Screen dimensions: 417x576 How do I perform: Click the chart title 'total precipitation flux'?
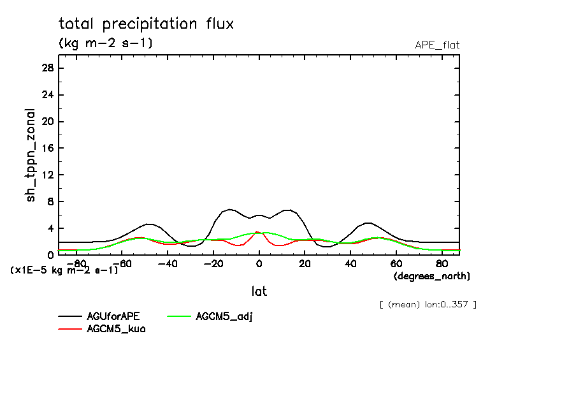point(147,24)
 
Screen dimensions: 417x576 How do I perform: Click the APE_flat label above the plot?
point(437,45)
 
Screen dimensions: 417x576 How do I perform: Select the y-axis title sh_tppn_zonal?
point(31,155)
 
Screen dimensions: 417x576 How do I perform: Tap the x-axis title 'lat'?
point(259,291)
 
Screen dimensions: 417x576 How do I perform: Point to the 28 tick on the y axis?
point(47,68)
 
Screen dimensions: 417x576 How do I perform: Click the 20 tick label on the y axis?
point(47,122)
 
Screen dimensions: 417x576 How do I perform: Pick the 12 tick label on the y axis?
point(47,175)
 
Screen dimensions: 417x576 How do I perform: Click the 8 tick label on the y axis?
point(50,202)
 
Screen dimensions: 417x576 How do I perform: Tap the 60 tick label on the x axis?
point(396,263)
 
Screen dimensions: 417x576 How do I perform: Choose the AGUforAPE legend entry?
point(113,316)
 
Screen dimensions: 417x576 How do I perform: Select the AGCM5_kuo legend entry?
point(116,330)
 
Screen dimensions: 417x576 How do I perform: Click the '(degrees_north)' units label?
point(432,276)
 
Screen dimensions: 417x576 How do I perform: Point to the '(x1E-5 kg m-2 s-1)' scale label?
point(64,270)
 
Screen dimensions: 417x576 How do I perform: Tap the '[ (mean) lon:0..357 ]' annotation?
point(428,304)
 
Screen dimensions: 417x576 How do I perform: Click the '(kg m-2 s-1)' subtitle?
point(106,43)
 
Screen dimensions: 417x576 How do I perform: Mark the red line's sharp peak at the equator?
point(257,232)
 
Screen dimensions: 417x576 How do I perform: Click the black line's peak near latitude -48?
point(149,224)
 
